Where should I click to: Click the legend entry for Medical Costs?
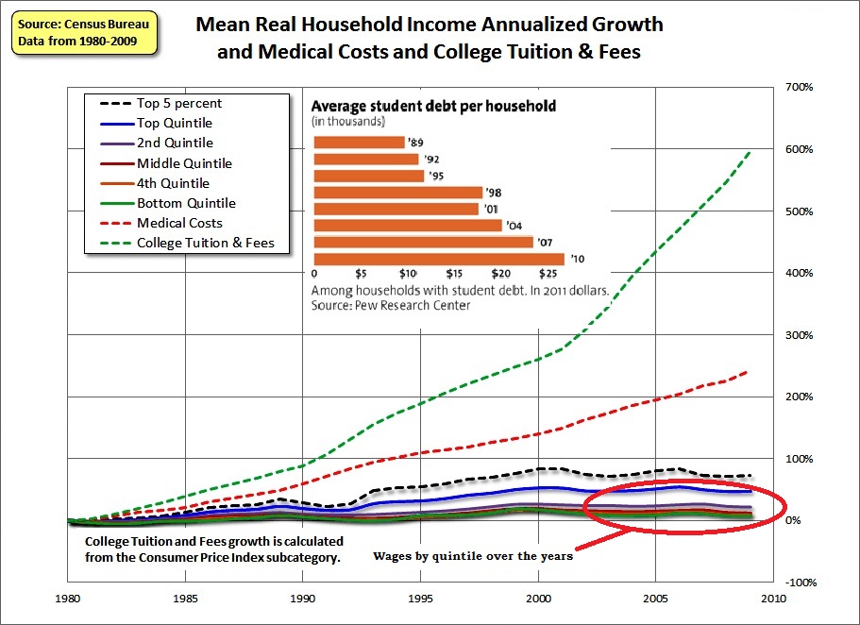(179, 223)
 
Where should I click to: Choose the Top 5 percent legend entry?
(179, 103)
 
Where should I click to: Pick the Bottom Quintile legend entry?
(186, 203)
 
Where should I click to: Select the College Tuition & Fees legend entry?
(205, 243)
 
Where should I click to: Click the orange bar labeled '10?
(438, 259)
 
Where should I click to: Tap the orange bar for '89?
(359, 143)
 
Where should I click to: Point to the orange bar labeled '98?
(397, 193)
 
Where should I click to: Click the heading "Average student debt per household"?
(433, 106)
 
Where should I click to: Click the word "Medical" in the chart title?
(291, 52)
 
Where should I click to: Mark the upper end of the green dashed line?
(750, 150)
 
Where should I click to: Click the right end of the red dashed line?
(749, 370)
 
